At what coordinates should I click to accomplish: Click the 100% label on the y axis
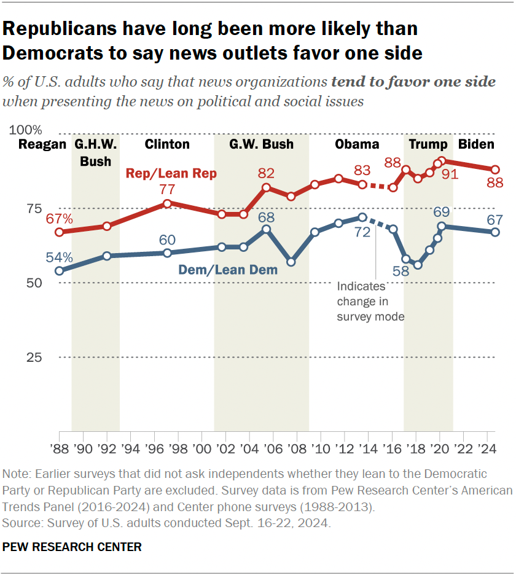coord(26,130)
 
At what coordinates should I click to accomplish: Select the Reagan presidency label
coord(42,145)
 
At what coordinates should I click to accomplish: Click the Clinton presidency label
coord(167,145)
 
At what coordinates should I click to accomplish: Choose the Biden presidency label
coord(476,145)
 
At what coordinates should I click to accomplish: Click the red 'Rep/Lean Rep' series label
coord(171,174)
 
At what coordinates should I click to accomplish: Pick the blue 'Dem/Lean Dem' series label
coord(227,269)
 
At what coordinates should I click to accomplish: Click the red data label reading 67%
coord(59,219)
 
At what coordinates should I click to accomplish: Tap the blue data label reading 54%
coord(59,257)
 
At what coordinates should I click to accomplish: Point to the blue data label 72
coord(362,232)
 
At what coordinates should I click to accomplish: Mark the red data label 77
coord(167,189)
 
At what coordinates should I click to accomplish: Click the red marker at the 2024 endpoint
coord(495,170)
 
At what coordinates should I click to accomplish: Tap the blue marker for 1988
coord(59,271)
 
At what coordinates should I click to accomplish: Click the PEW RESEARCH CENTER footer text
coord(72,546)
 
